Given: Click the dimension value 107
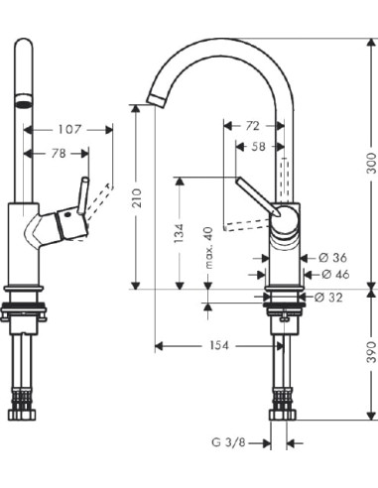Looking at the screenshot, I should (68, 129).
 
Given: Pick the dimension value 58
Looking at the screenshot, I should (259, 147).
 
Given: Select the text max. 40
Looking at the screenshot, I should (208, 245).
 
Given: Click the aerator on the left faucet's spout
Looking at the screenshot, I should (21, 102).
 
